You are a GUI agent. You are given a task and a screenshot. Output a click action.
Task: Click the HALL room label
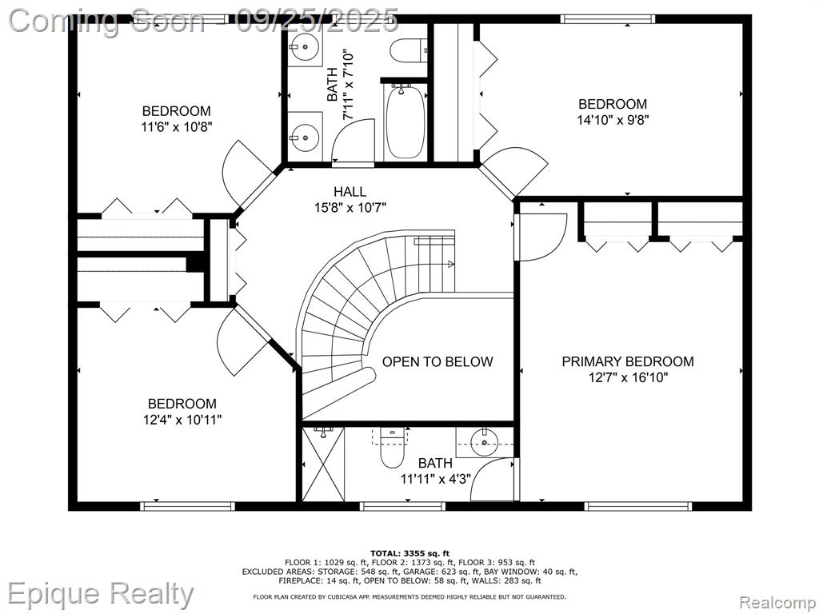click(x=350, y=192)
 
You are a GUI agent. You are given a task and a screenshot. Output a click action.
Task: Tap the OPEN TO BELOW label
click(x=437, y=362)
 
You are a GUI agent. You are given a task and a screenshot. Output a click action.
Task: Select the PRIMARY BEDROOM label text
click(x=628, y=361)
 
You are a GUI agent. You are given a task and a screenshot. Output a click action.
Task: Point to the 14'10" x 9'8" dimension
click(x=613, y=120)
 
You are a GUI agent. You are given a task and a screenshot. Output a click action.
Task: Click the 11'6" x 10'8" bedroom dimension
click(x=177, y=127)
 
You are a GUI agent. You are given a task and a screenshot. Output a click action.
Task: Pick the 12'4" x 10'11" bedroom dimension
click(x=183, y=419)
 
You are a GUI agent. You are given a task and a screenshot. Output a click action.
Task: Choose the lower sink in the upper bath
click(x=305, y=138)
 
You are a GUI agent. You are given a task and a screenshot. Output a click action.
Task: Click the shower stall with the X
click(x=324, y=464)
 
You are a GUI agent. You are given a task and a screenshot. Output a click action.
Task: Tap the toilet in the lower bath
click(x=392, y=448)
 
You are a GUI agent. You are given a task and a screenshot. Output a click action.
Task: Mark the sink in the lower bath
click(x=485, y=442)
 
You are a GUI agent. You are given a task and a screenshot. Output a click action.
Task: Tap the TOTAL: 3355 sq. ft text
click(x=409, y=553)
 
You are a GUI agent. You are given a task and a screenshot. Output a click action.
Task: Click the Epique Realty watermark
click(x=100, y=594)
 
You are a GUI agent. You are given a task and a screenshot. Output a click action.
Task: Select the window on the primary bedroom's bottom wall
click(x=638, y=505)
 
